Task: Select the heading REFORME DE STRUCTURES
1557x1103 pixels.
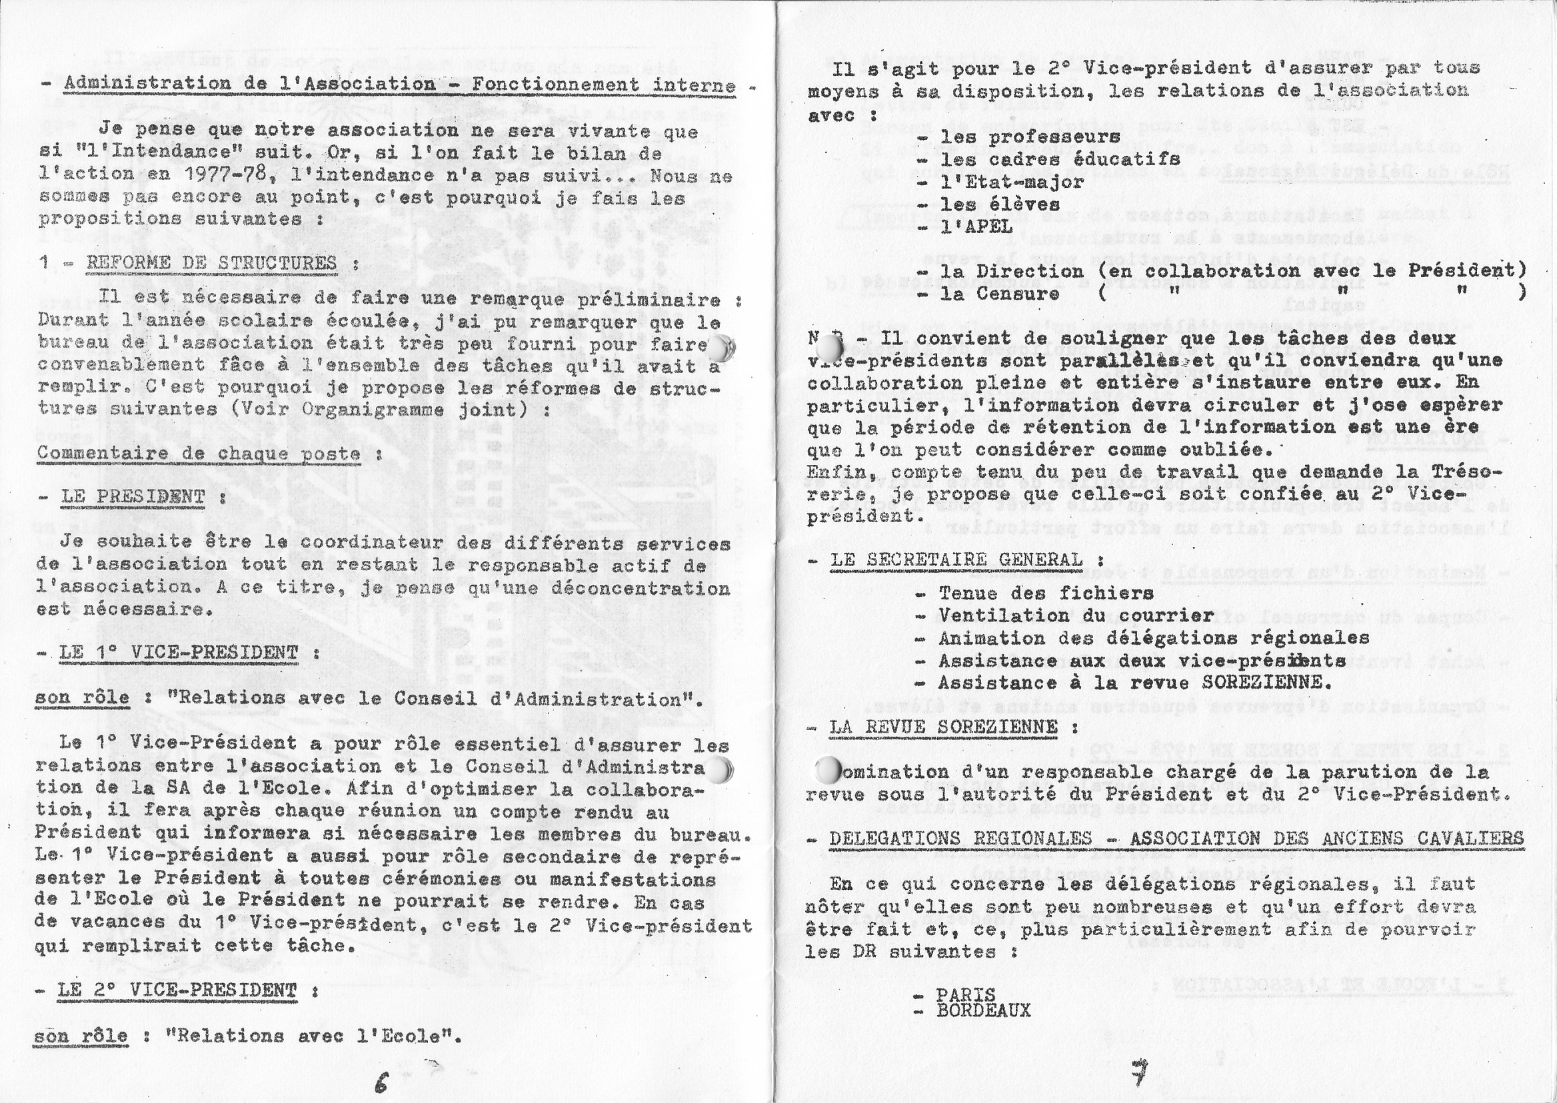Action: point(211,263)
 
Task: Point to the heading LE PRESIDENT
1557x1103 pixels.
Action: point(133,496)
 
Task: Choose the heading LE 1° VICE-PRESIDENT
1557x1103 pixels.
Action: point(179,653)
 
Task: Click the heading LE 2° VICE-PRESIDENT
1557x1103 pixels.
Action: point(177,990)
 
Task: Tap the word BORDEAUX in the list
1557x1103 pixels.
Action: point(982,1010)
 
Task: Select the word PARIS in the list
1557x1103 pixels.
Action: point(965,994)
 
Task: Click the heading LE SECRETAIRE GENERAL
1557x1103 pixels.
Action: point(956,559)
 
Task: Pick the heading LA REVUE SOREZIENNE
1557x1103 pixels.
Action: point(943,726)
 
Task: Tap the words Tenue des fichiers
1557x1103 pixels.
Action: point(1046,593)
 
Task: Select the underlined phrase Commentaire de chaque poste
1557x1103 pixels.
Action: point(199,453)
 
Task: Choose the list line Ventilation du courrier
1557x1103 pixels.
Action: point(1076,615)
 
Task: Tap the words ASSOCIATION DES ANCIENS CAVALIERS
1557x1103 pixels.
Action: point(1326,838)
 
